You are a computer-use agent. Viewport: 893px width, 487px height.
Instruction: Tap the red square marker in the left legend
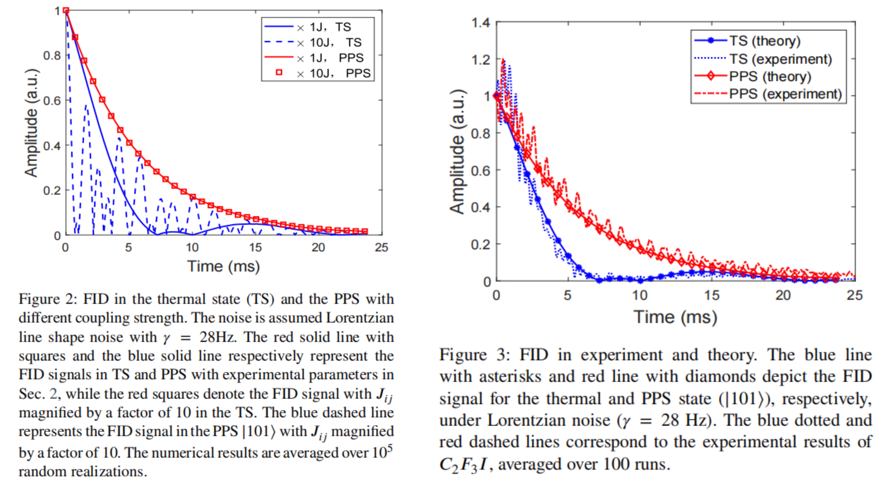coord(279,72)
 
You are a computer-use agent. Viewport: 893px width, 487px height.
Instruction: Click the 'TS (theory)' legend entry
coord(764,41)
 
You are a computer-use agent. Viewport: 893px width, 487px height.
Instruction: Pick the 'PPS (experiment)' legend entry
coord(785,94)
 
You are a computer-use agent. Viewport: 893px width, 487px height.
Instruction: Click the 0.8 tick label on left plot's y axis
coord(52,55)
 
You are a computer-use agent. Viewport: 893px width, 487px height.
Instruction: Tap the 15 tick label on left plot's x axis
coord(255,248)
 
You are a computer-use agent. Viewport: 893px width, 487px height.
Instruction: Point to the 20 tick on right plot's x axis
coord(783,295)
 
